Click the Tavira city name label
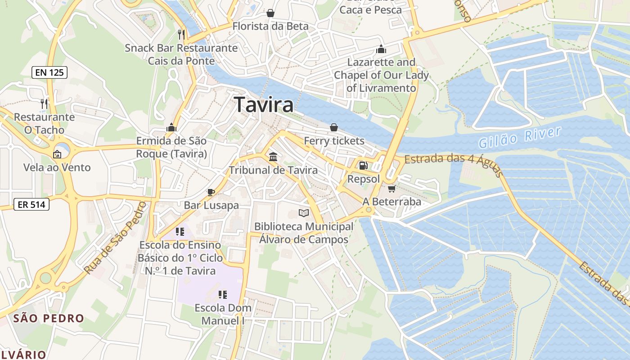coord(264,105)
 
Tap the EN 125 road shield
coord(49,72)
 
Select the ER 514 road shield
coord(31,205)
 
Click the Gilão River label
coord(520,137)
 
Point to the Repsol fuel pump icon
coord(363,166)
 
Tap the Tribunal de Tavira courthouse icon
coord(273,157)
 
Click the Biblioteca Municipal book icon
coord(304,213)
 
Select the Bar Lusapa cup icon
coord(211,192)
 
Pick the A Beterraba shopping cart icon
coord(391,189)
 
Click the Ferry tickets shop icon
coord(334,128)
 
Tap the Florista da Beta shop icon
coord(270,13)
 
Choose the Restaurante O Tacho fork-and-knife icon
coord(44,104)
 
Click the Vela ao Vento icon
coord(57,154)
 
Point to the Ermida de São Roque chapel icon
coord(171,128)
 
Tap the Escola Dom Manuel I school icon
coord(223,295)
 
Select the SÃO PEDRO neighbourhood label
coord(49,319)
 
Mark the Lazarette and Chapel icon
coord(381,49)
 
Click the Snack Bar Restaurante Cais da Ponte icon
coord(181,35)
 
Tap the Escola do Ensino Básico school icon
coord(180,232)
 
